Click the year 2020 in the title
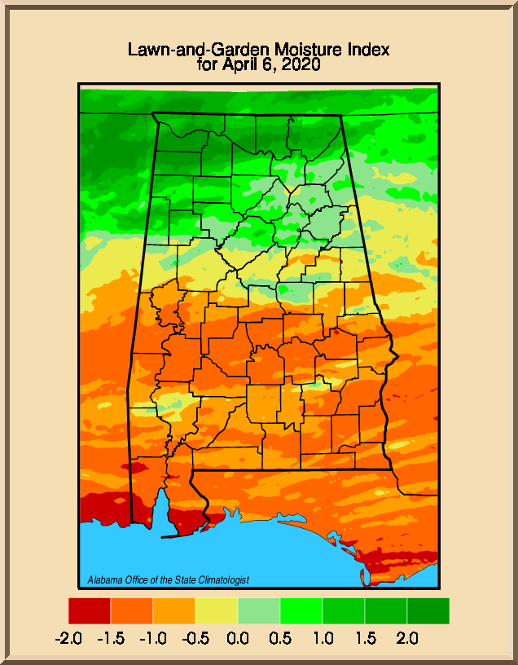(300, 64)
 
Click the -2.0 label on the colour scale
(68, 637)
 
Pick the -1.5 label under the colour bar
(111, 637)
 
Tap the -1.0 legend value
(153, 637)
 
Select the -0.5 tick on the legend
(195, 637)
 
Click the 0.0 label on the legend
(238, 637)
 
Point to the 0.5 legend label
(280, 637)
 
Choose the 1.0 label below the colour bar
(323, 637)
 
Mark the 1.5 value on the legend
(365, 637)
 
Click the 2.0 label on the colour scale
(407, 637)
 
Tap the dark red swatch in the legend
(90, 611)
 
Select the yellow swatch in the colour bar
(217, 611)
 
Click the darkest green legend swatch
(428, 611)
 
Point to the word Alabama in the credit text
(105, 580)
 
